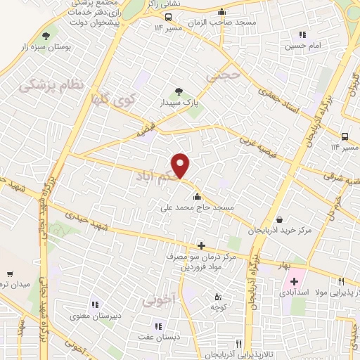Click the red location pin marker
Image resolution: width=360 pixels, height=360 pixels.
[181, 166]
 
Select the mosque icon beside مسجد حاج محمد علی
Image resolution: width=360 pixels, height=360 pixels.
[198, 196]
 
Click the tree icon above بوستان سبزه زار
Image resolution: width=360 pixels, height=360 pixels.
[46, 34]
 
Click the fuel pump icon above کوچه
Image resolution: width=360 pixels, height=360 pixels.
[217, 297]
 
